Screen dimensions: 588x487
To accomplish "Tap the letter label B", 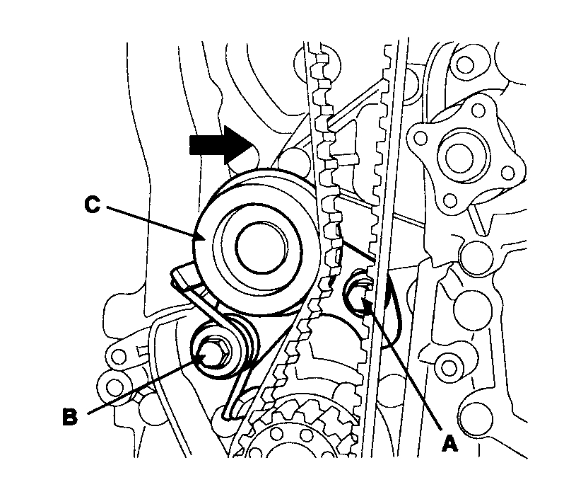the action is (69, 416).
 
